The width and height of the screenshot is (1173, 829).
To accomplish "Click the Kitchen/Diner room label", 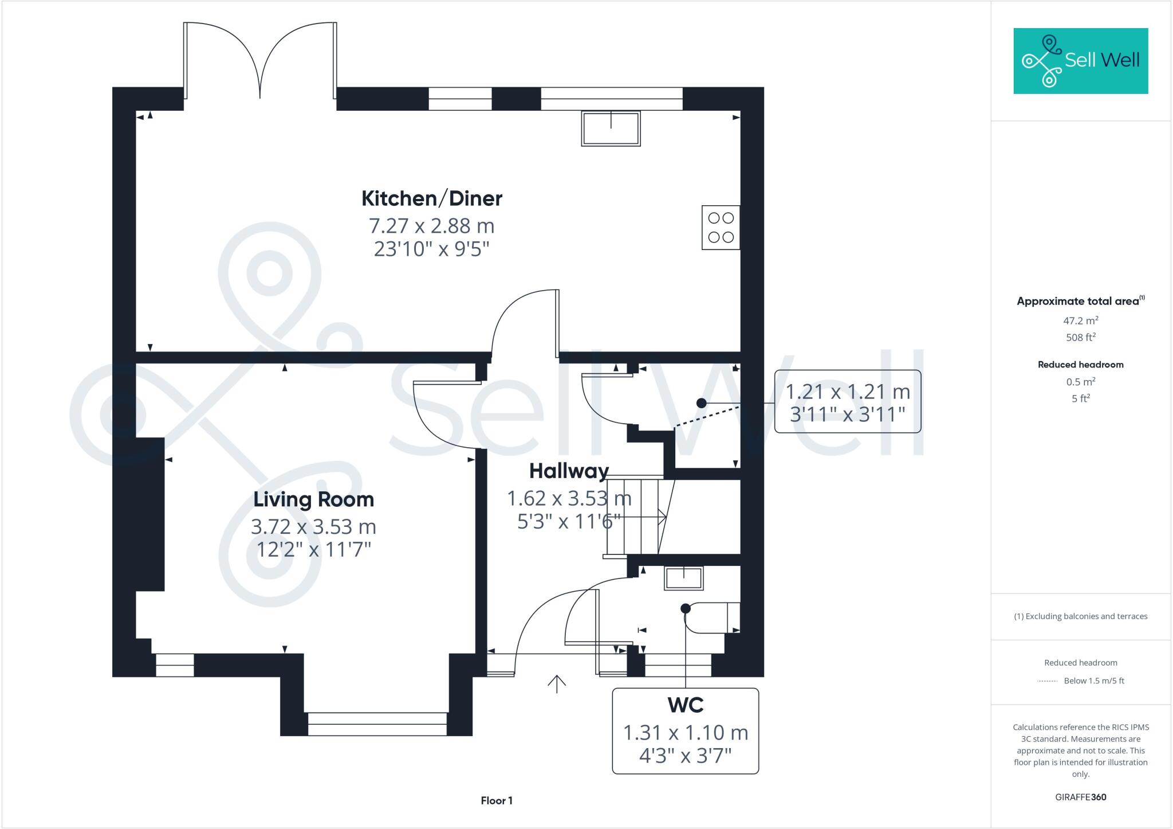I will point(432,198).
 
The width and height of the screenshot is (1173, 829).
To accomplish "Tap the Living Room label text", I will point(313,499).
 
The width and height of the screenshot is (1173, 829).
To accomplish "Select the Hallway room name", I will point(569,471).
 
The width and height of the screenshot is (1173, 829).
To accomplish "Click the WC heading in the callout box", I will point(686,705).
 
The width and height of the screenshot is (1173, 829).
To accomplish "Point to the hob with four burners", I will point(721,228).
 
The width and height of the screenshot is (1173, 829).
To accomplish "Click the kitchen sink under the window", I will point(611,128).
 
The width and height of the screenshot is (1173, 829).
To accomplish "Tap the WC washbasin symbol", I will point(683,578).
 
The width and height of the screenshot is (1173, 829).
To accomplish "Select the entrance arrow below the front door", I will point(557,683).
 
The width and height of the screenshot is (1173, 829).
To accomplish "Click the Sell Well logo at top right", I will point(1080,61).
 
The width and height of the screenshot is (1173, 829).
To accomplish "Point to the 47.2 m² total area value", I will point(1080,320).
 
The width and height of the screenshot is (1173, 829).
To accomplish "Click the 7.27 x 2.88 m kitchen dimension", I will point(432,226).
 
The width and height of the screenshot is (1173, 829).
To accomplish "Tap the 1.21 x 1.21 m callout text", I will point(848,392).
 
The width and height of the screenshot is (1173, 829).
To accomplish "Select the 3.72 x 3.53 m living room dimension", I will point(313,526).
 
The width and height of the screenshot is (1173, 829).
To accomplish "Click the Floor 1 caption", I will point(497,800).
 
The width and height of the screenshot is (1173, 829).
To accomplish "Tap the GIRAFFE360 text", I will point(1080,797).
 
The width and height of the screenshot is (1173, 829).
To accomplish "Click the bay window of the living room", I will point(377,724).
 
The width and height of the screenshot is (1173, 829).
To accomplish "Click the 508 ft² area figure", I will point(1080,338).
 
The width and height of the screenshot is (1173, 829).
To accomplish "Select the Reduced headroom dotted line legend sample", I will point(1047,681).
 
